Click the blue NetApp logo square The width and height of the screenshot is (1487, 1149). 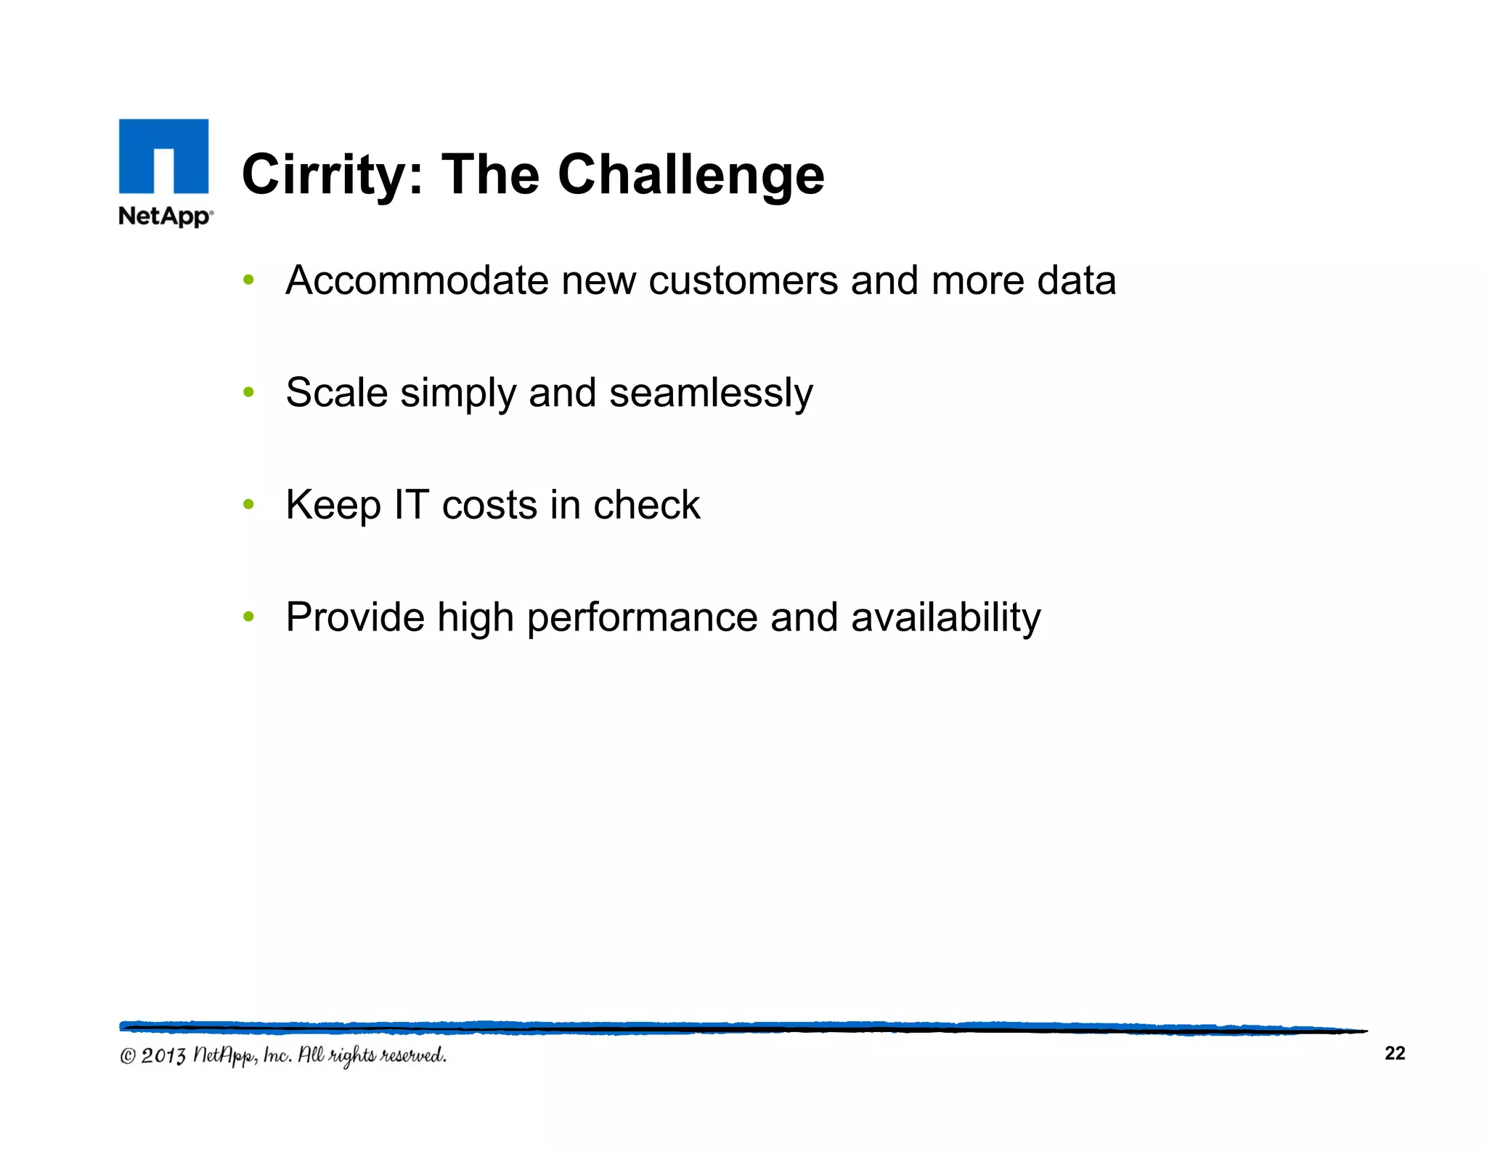tap(163, 156)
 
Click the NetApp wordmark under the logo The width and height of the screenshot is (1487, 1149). tap(166, 216)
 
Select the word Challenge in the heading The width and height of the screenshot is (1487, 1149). tap(691, 175)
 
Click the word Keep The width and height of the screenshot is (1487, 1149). tap(333, 505)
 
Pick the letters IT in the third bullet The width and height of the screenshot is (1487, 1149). tap(411, 505)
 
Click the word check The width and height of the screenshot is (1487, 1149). tap(646, 505)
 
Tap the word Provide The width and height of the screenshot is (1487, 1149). tap(355, 617)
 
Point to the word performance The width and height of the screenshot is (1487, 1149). tap(642, 617)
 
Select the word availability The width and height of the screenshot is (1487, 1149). tap(945, 617)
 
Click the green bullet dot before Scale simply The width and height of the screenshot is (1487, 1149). tap(249, 393)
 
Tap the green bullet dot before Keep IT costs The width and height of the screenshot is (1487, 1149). tap(249, 505)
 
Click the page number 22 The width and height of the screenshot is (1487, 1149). tap(1395, 1053)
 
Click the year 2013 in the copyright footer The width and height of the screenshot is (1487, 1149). tap(163, 1055)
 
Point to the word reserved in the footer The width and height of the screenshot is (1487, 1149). tap(414, 1055)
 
